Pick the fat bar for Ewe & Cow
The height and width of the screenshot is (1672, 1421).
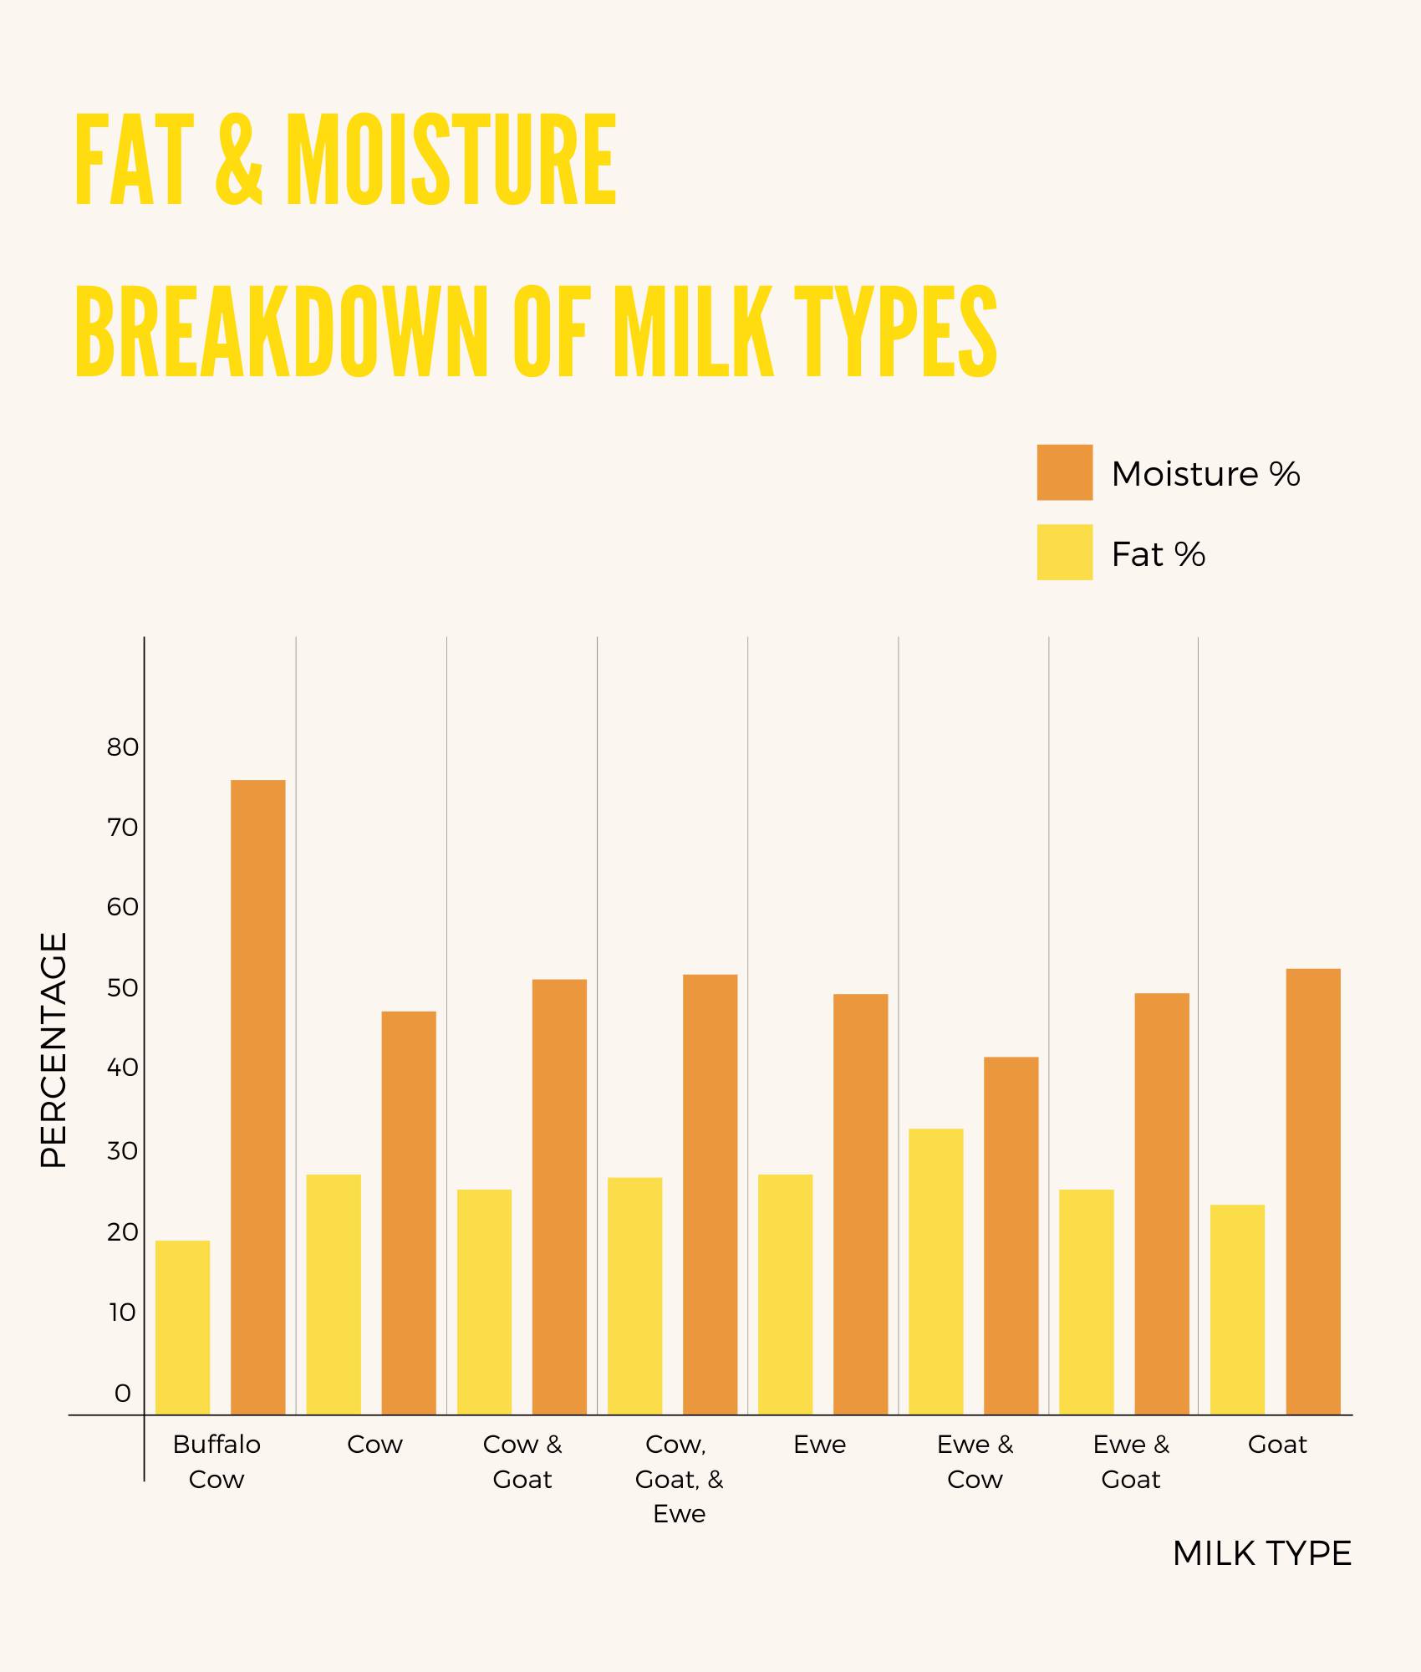[935, 1272]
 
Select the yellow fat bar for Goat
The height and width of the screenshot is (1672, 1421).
[1237, 1309]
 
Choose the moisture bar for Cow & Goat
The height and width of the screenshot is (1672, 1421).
[559, 1196]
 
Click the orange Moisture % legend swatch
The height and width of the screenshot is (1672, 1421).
[1064, 472]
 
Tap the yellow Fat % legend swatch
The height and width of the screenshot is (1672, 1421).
[1064, 552]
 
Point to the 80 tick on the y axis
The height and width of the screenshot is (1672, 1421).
[122, 747]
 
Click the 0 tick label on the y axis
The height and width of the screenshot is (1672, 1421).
[122, 1394]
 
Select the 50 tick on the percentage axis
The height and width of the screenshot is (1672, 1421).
[122, 988]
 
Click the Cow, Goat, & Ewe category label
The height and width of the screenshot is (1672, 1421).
[679, 1479]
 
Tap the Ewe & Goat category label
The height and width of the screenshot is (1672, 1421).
[1131, 1461]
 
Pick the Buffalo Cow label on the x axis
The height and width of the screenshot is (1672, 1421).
[216, 1461]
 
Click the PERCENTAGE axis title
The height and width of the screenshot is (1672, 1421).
[53, 1050]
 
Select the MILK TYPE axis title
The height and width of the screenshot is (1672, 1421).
[1261, 1554]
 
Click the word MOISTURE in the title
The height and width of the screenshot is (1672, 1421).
[451, 160]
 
